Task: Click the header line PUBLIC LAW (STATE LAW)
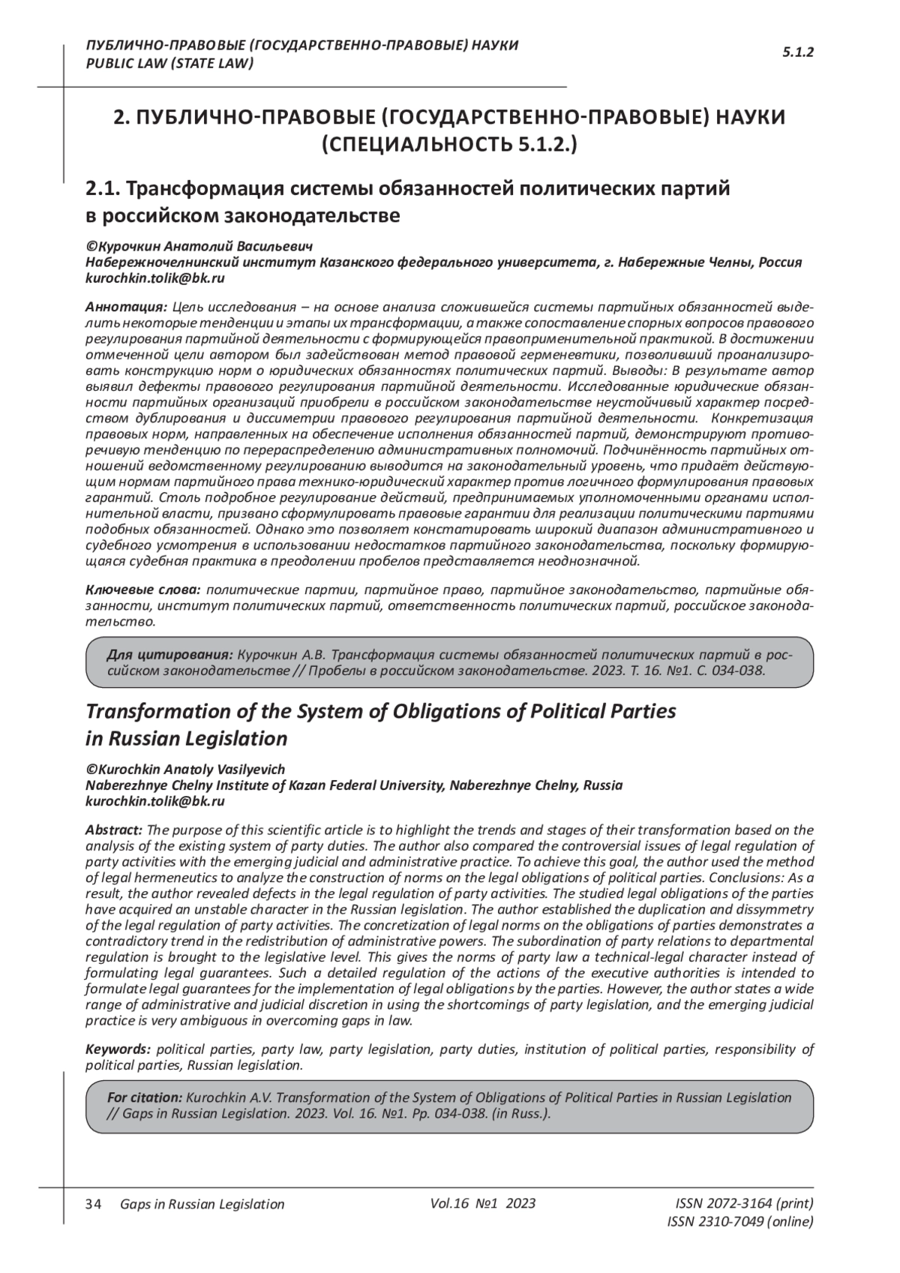pyautogui.click(x=169, y=63)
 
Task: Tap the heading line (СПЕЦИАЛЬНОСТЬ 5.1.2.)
pyautogui.click(x=449, y=145)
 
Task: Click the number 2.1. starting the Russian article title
pyautogui.click(x=106, y=189)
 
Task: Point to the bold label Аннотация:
pyautogui.click(x=126, y=307)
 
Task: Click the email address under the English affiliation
pyautogui.click(x=155, y=801)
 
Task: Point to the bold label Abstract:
pyautogui.click(x=114, y=830)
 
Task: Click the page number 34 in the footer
pyautogui.click(x=94, y=1204)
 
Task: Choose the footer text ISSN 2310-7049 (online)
pyautogui.click(x=739, y=1221)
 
